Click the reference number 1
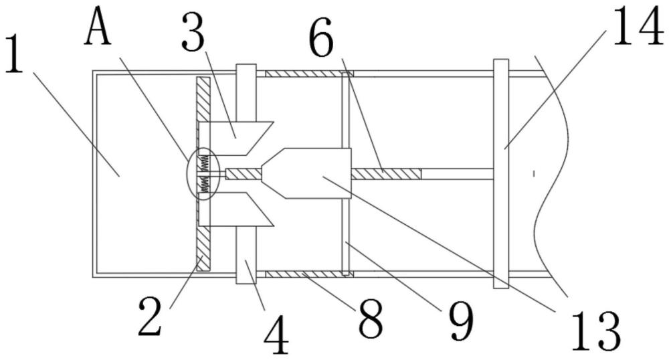pyautogui.click(x=13, y=54)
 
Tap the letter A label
pyautogui.click(x=98, y=27)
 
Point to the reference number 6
pyautogui.click(x=321, y=38)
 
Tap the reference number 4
pyautogui.click(x=276, y=335)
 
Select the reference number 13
pyautogui.click(x=595, y=331)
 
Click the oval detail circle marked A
pyautogui.click(x=203, y=173)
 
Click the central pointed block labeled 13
pyautogui.click(x=306, y=173)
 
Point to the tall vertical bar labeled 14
pyautogui.click(x=501, y=173)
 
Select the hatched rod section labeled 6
pyautogui.click(x=386, y=174)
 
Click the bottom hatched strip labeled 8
pyautogui.click(x=309, y=274)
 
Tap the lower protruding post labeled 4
pyautogui.click(x=246, y=255)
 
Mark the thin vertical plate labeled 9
pyautogui.click(x=346, y=173)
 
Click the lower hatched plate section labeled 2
pyautogui.click(x=204, y=248)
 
